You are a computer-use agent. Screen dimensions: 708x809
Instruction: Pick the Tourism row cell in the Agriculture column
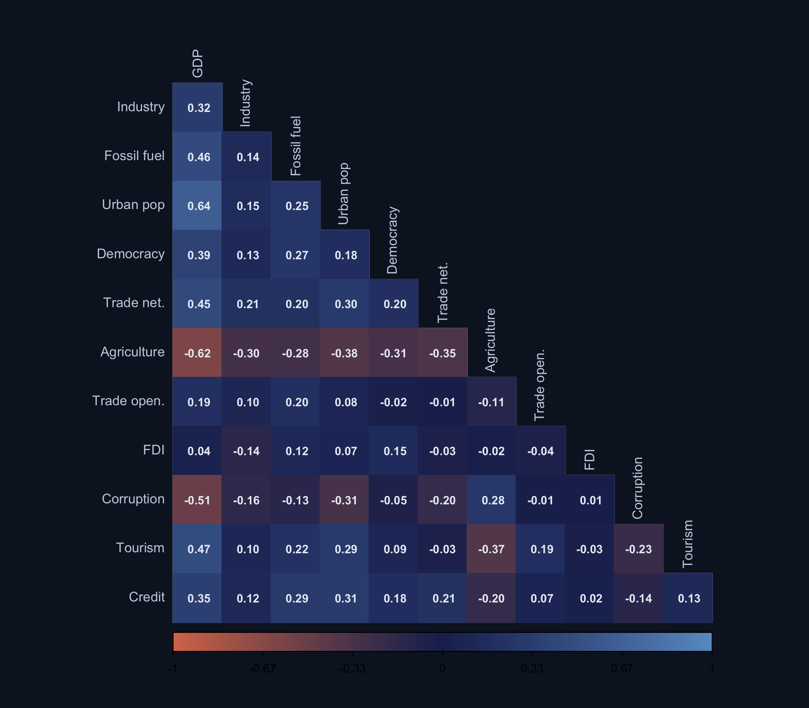click(x=491, y=549)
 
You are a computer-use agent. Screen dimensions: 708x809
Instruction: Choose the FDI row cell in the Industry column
click(x=246, y=451)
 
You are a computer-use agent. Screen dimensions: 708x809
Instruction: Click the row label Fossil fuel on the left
click(x=134, y=156)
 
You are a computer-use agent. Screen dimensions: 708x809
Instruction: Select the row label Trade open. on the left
click(x=128, y=401)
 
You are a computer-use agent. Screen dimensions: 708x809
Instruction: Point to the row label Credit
click(x=147, y=597)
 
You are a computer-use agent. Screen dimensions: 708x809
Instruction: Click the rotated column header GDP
click(x=197, y=63)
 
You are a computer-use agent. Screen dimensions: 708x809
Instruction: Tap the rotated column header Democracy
click(x=392, y=240)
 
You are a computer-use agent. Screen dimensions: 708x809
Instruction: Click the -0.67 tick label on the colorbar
click(x=263, y=669)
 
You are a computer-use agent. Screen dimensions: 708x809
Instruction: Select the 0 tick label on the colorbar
click(x=442, y=669)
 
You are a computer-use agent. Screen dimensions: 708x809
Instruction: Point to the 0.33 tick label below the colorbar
click(x=532, y=669)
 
